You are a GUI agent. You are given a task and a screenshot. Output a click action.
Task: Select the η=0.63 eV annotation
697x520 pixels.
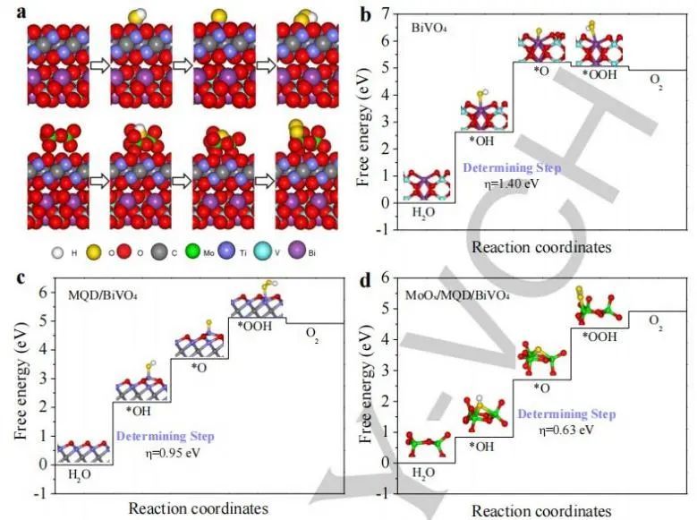pos(566,430)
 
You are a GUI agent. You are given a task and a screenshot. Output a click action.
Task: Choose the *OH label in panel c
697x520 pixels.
pos(139,412)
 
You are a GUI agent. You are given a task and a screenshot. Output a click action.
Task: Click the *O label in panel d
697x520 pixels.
pos(540,388)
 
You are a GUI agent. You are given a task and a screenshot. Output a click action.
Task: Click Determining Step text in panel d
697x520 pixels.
pos(566,414)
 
